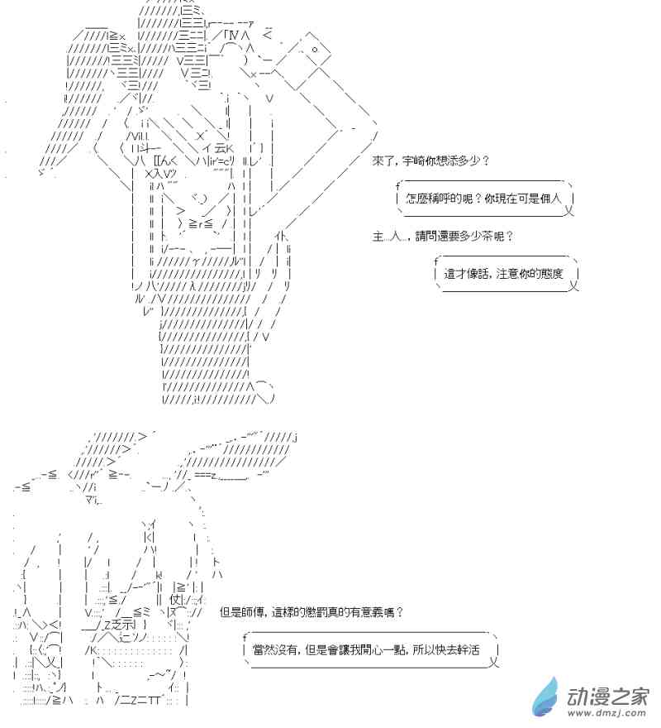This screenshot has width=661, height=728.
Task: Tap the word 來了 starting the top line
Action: (x=383, y=160)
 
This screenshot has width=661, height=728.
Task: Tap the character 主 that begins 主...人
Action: (x=378, y=237)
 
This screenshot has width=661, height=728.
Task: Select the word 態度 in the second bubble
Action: (x=552, y=274)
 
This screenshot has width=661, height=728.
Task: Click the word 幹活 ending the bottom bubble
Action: (x=469, y=651)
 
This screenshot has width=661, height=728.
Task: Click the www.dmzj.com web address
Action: (x=608, y=714)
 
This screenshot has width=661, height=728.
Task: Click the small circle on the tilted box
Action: (x=316, y=50)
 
